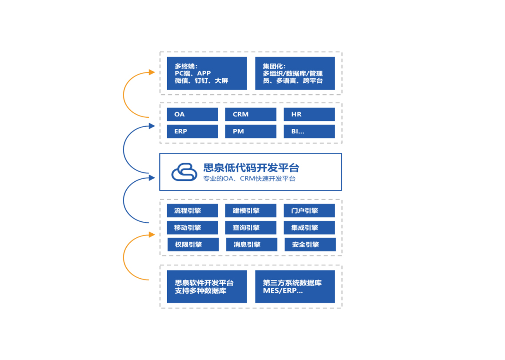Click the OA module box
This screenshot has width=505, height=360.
(192, 114)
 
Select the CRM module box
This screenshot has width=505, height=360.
(251, 114)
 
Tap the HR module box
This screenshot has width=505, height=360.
(309, 114)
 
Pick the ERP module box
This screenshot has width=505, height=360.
(192, 132)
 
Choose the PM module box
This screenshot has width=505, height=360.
(251, 132)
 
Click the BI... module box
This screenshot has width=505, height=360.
(309, 132)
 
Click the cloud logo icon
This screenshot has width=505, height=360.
(184, 172)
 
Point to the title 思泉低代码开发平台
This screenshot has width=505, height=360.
(251, 168)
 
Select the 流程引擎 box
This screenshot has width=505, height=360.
(192, 211)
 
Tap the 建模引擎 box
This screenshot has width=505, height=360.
(251, 211)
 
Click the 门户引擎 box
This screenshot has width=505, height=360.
(309, 211)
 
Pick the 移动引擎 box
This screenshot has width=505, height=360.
(192, 228)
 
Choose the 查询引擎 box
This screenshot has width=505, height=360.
(251, 228)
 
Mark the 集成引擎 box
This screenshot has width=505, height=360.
(309, 228)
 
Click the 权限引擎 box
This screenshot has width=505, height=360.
(193, 244)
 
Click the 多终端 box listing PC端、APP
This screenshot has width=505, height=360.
(207, 73)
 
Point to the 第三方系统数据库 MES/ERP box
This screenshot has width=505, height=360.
(295, 287)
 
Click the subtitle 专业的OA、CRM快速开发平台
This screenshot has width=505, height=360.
(249, 179)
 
